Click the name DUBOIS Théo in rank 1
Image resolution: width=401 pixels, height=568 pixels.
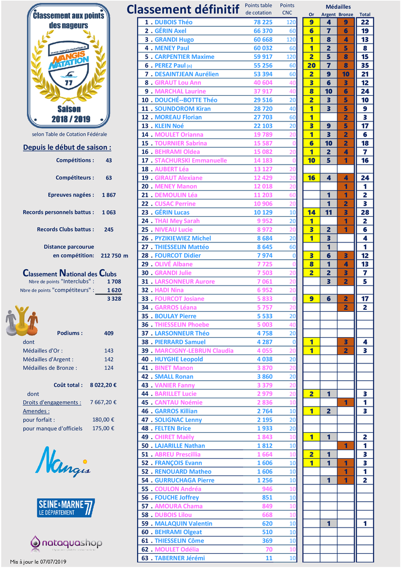173,22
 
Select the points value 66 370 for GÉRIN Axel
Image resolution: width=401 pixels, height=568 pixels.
263,31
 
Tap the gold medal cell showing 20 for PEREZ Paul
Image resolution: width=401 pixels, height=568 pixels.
311,65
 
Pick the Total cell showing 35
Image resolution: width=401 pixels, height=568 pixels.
365,65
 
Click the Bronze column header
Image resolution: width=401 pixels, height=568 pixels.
346,14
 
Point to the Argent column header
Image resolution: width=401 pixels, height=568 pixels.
328,14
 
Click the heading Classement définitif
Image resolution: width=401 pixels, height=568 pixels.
183,9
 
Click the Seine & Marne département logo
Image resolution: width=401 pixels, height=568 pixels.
66,507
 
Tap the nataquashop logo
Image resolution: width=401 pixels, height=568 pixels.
66,542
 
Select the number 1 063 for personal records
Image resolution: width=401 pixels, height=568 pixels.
109,212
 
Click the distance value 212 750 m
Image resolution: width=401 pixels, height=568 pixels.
114,255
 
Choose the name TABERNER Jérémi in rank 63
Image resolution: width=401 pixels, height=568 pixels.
180,558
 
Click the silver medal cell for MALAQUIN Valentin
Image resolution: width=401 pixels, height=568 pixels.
328,523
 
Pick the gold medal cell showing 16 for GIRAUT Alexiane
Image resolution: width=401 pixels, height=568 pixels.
311,178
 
